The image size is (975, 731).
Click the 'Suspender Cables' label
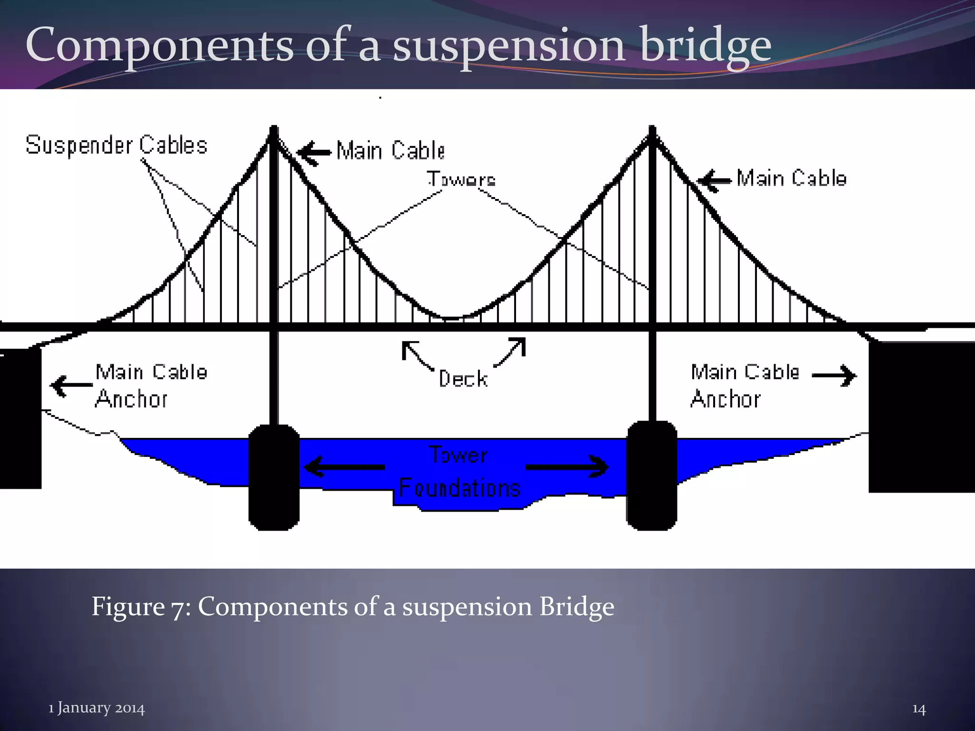pyautogui.click(x=117, y=145)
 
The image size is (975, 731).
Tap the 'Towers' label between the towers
pyautogui.click(x=461, y=179)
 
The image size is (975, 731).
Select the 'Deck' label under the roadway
pyautogui.click(x=463, y=379)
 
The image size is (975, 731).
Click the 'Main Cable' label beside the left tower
pyautogui.click(x=390, y=150)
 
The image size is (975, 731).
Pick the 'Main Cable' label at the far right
pyautogui.click(x=792, y=178)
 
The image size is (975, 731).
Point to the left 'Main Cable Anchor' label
pyautogui.click(x=150, y=385)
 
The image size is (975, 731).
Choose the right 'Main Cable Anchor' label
pyautogui.click(x=744, y=385)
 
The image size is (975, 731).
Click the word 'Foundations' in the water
pyautogui.click(x=459, y=488)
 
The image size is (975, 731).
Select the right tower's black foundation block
pyautogui.click(x=652, y=476)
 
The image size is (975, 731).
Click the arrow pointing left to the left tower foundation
pyautogui.click(x=344, y=466)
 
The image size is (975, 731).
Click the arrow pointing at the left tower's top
pyautogui.click(x=313, y=153)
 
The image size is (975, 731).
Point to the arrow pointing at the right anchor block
pyautogui.click(x=834, y=375)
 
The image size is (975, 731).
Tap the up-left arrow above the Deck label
pyautogui.click(x=417, y=355)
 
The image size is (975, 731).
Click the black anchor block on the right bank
pyautogui.click(x=921, y=417)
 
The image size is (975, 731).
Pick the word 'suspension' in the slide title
pyautogui.click(x=508, y=45)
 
